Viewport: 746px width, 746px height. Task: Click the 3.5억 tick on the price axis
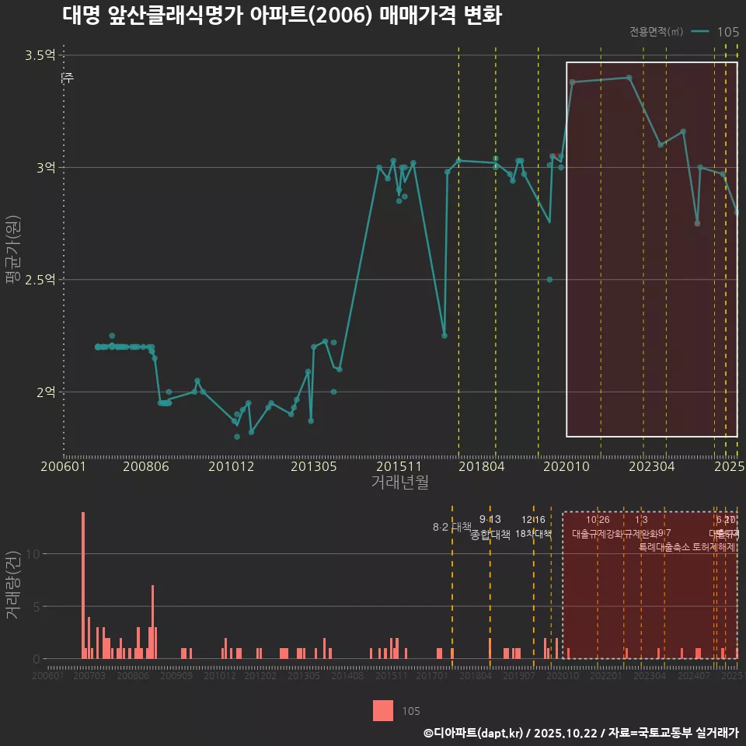click(40, 55)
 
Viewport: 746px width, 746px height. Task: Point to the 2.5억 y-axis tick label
click(40, 280)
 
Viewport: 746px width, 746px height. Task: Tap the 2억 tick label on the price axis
click(45, 392)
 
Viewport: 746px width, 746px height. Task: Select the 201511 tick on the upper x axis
click(395, 467)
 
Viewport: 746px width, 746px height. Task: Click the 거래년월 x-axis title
click(399, 483)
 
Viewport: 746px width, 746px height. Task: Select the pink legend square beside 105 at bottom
click(383, 710)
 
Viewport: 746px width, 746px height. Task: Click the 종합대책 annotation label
click(490, 535)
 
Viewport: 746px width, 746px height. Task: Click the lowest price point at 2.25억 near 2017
click(444, 336)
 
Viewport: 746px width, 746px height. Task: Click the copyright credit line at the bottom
click(580, 733)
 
